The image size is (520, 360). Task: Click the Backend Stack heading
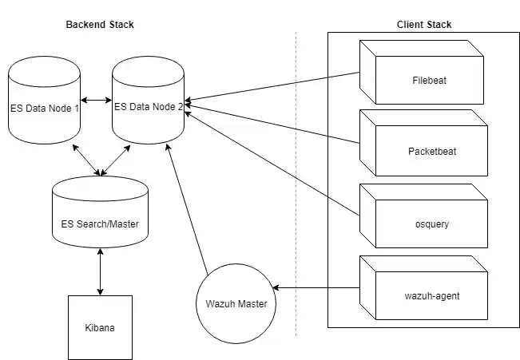[x=99, y=25]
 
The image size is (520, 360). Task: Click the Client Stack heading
[x=423, y=25]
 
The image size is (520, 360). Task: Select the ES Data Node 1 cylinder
[x=44, y=107]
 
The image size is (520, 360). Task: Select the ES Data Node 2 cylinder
[x=148, y=107]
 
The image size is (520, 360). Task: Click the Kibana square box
[x=100, y=327]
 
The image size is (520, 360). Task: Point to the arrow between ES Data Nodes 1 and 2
[x=96, y=100]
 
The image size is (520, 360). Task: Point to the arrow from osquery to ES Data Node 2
[x=272, y=164]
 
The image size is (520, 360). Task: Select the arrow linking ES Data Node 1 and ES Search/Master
[x=85, y=158]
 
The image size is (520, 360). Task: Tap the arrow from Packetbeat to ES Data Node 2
[x=272, y=125]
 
